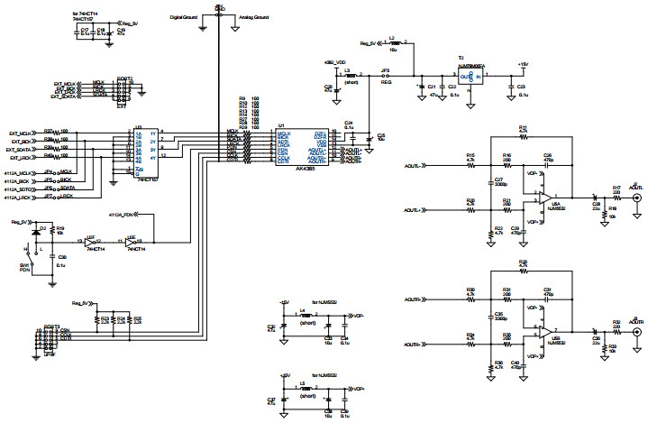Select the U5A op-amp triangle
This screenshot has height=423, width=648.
coord(544,197)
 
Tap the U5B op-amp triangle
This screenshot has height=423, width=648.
coord(544,330)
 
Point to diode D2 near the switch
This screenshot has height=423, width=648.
coord(41,230)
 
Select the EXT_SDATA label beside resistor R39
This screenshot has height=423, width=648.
coord(24,150)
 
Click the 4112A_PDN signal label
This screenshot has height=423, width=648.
coord(121,216)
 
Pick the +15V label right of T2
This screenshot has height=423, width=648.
coord(522,64)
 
